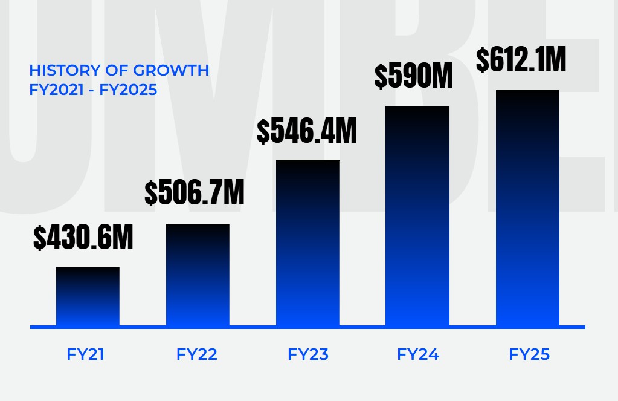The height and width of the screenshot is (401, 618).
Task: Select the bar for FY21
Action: click(88, 296)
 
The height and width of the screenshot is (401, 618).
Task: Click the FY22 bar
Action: click(198, 275)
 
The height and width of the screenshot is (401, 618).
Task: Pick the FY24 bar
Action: click(417, 216)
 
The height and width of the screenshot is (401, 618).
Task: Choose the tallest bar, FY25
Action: click(527, 207)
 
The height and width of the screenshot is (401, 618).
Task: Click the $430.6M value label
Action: click(83, 238)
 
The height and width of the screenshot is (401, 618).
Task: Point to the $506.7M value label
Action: click(195, 193)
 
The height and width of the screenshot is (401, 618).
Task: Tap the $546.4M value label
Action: click(307, 131)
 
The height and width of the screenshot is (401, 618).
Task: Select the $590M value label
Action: click(413, 76)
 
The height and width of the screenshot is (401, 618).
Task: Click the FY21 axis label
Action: click(86, 354)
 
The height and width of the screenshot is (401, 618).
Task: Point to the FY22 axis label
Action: click(197, 354)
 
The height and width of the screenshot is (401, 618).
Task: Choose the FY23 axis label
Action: click(308, 354)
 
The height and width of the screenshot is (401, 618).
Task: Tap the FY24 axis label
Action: click(418, 354)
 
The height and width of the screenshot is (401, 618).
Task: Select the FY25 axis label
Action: click(529, 354)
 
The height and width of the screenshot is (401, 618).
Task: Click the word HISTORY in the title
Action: click(58, 70)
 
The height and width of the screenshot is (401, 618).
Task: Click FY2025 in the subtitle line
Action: click(132, 90)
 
